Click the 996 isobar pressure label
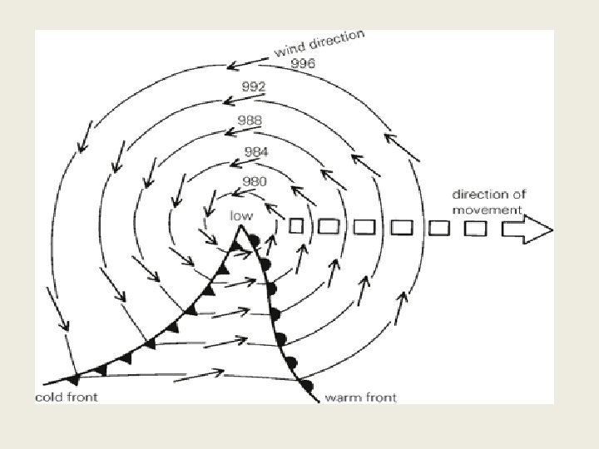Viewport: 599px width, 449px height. click(303, 63)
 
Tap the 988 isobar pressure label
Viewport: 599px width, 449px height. click(250, 121)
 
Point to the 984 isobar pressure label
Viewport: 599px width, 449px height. click(256, 152)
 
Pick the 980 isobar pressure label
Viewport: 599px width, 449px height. click(254, 181)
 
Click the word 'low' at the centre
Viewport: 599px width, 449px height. click(241, 215)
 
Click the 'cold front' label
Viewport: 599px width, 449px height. click(66, 397)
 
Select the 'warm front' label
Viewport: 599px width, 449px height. click(360, 397)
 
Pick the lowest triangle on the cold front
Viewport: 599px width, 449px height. click(73, 379)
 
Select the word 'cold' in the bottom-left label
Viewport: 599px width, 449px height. click(48, 397)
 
